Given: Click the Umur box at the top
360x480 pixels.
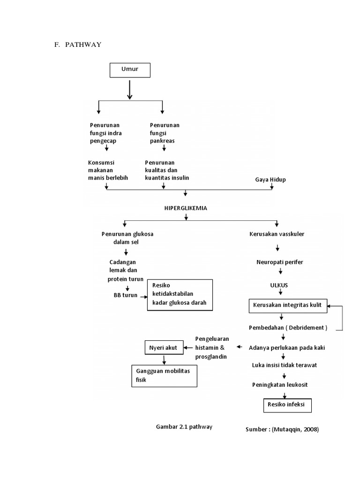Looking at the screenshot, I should pos(130,70).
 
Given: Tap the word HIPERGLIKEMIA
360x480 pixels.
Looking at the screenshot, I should pos(186,207).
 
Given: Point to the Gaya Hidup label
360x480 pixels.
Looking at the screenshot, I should pos(270,180).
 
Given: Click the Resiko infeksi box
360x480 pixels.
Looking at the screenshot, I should pos(286,404).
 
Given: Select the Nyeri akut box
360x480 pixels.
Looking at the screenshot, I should pos(163,347).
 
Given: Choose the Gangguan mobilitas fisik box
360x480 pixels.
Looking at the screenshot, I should pos(164,375).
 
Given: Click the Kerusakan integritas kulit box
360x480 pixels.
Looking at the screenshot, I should pos(287,305).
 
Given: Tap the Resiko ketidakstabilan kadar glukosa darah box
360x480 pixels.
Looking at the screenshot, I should pos(180,294).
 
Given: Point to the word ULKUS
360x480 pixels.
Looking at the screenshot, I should pos(279,285).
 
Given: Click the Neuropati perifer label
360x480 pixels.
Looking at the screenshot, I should pos(280,262).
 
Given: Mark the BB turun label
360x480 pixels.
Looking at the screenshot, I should pos(126,295).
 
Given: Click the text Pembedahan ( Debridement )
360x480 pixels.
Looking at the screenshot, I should pos(287,327).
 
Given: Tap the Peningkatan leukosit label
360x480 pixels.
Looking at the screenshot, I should pos(280,384).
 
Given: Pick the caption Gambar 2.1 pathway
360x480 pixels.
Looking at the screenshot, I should pos(184,427).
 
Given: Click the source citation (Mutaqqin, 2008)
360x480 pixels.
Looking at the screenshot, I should pos(282,429).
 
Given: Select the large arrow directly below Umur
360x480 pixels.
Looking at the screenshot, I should pos(130,90).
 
